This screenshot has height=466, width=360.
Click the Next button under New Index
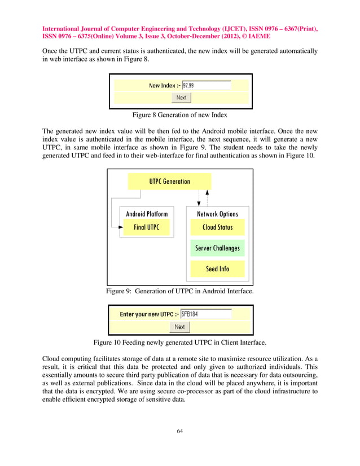tap(181, 98)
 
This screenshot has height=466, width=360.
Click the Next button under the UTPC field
tap(179, 327)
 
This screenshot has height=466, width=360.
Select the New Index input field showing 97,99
tap(206, 86)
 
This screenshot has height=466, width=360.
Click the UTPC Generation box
tap(169, 182)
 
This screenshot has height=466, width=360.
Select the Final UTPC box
tap(146, 227)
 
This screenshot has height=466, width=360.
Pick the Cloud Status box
tap(217, 227)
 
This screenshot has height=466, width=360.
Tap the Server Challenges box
tap(217, 248)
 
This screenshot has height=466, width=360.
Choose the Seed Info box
tap(217, 269)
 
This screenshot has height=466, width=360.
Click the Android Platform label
tap(147, 214)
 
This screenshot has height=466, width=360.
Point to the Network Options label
tap(217, 214)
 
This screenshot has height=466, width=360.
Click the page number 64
tap(180, 432)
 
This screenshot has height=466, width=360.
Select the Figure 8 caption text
tap(179, 115)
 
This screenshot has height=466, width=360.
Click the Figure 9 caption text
tap(179, 291)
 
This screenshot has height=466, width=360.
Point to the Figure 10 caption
tap(179, 342)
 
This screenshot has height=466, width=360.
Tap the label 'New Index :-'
tap(164, 86)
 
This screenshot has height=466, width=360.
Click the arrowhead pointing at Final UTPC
tap(120, 227)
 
